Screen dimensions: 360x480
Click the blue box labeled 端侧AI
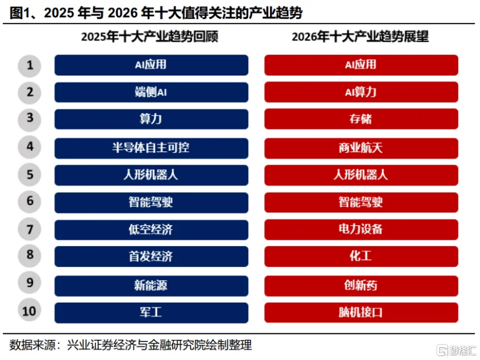pyautogui.click(x=151, y=92)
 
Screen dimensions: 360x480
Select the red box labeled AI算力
pyautogui.click(x=361, y=92)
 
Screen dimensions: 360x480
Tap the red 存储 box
pyautogui.click(x=361, y=120)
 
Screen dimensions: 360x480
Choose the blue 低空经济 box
pyautogui.click(x=151, y=229)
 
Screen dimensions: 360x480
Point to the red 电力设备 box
pyautogui.click(x=361, y=229)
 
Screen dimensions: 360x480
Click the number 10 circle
pyautogui.click(x=29, y=312)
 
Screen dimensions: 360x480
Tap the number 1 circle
pyautogui.click(x=29, y=65)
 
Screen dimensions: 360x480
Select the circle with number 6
pyautogui.click(x=29, y=202)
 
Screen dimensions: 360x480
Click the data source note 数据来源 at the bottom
pyautogui.click(x=131, y=345)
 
